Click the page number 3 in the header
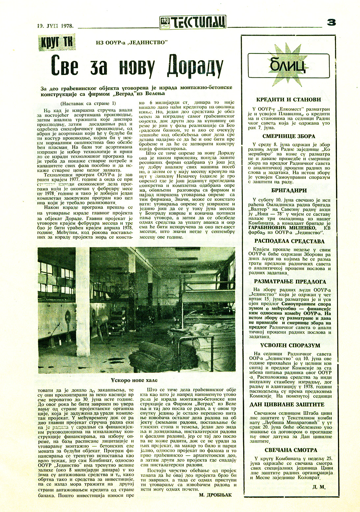(x=331, y=22)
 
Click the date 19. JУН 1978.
(x=55, y=26)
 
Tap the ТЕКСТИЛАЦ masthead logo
(x=193, y=22)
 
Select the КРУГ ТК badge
(x=57, y=43)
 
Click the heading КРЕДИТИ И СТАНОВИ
(x=289, y=100)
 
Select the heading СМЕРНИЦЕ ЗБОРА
(x=289, y=136)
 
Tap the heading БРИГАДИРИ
(x=289, y=191)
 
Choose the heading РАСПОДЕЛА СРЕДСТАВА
(x=289, y=241)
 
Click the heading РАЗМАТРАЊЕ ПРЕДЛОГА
(x=290, y=282)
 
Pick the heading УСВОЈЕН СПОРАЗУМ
(x=290, y=346)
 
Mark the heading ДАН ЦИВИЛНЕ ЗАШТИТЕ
(x=287, y=404)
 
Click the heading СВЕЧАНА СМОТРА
(x=291, y=450)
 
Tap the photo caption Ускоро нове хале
(x=134, y=380)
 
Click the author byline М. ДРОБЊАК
(x=215, y=495)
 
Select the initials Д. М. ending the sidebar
(x=319, y=487)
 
